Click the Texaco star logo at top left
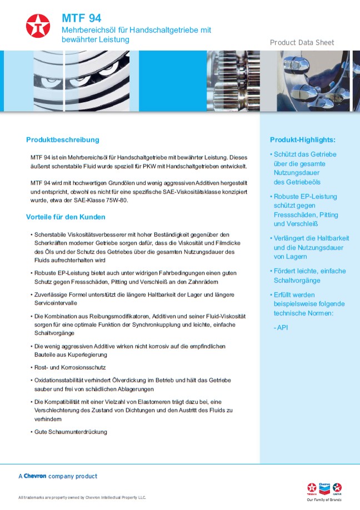(x=38, y=26)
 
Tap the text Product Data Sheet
(x=302, y=43)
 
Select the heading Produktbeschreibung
(x=62, y=139)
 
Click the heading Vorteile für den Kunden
(x=66, y=217)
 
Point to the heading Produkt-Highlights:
(x=303, y=139)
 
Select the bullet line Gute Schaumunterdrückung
(x=71, y=432)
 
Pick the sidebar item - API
(x=281, y=328)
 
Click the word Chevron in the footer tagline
(x=35, y=476)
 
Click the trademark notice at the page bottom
(x=82, y=497)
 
